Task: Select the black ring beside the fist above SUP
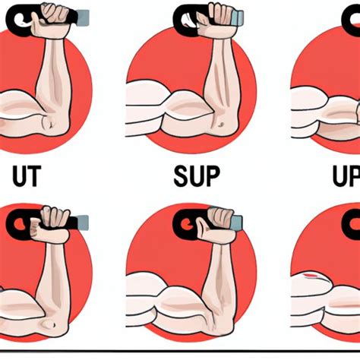click(187, 16)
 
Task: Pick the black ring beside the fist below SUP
click(185, 223)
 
